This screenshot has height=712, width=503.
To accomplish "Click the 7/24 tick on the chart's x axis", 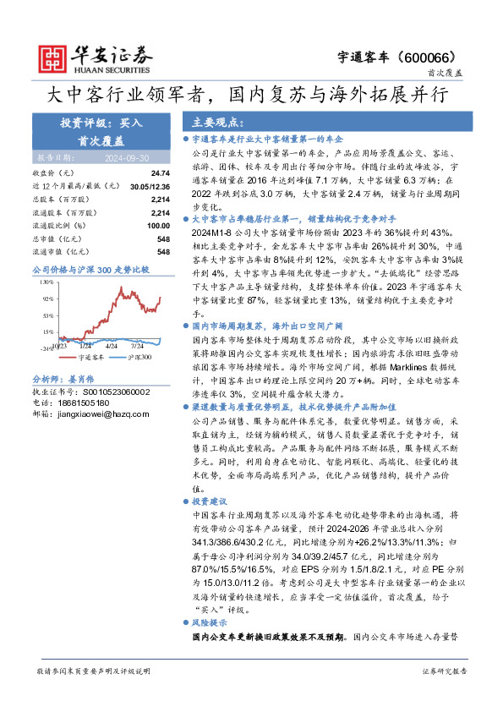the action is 139,346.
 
